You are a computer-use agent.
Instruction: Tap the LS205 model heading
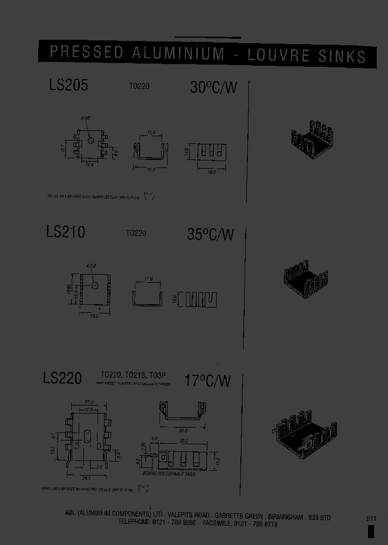click(x=68, y=85)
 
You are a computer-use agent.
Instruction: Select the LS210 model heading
click(x=65, y=232)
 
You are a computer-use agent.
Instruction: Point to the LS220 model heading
click(x=63, y=378)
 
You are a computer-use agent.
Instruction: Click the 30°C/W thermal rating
click(x=213, y=87)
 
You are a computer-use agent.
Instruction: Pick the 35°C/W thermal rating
click(x=211, y=235)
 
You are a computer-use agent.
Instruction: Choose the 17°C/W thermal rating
click(x=208, y=381)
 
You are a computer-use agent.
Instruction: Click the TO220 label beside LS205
click(x=138, y=86)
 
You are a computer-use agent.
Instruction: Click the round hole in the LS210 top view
click(x=94, y=284)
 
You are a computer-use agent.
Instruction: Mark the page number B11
click(x=371, y=518)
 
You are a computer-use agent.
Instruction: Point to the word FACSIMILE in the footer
click(x=218, y=523)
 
